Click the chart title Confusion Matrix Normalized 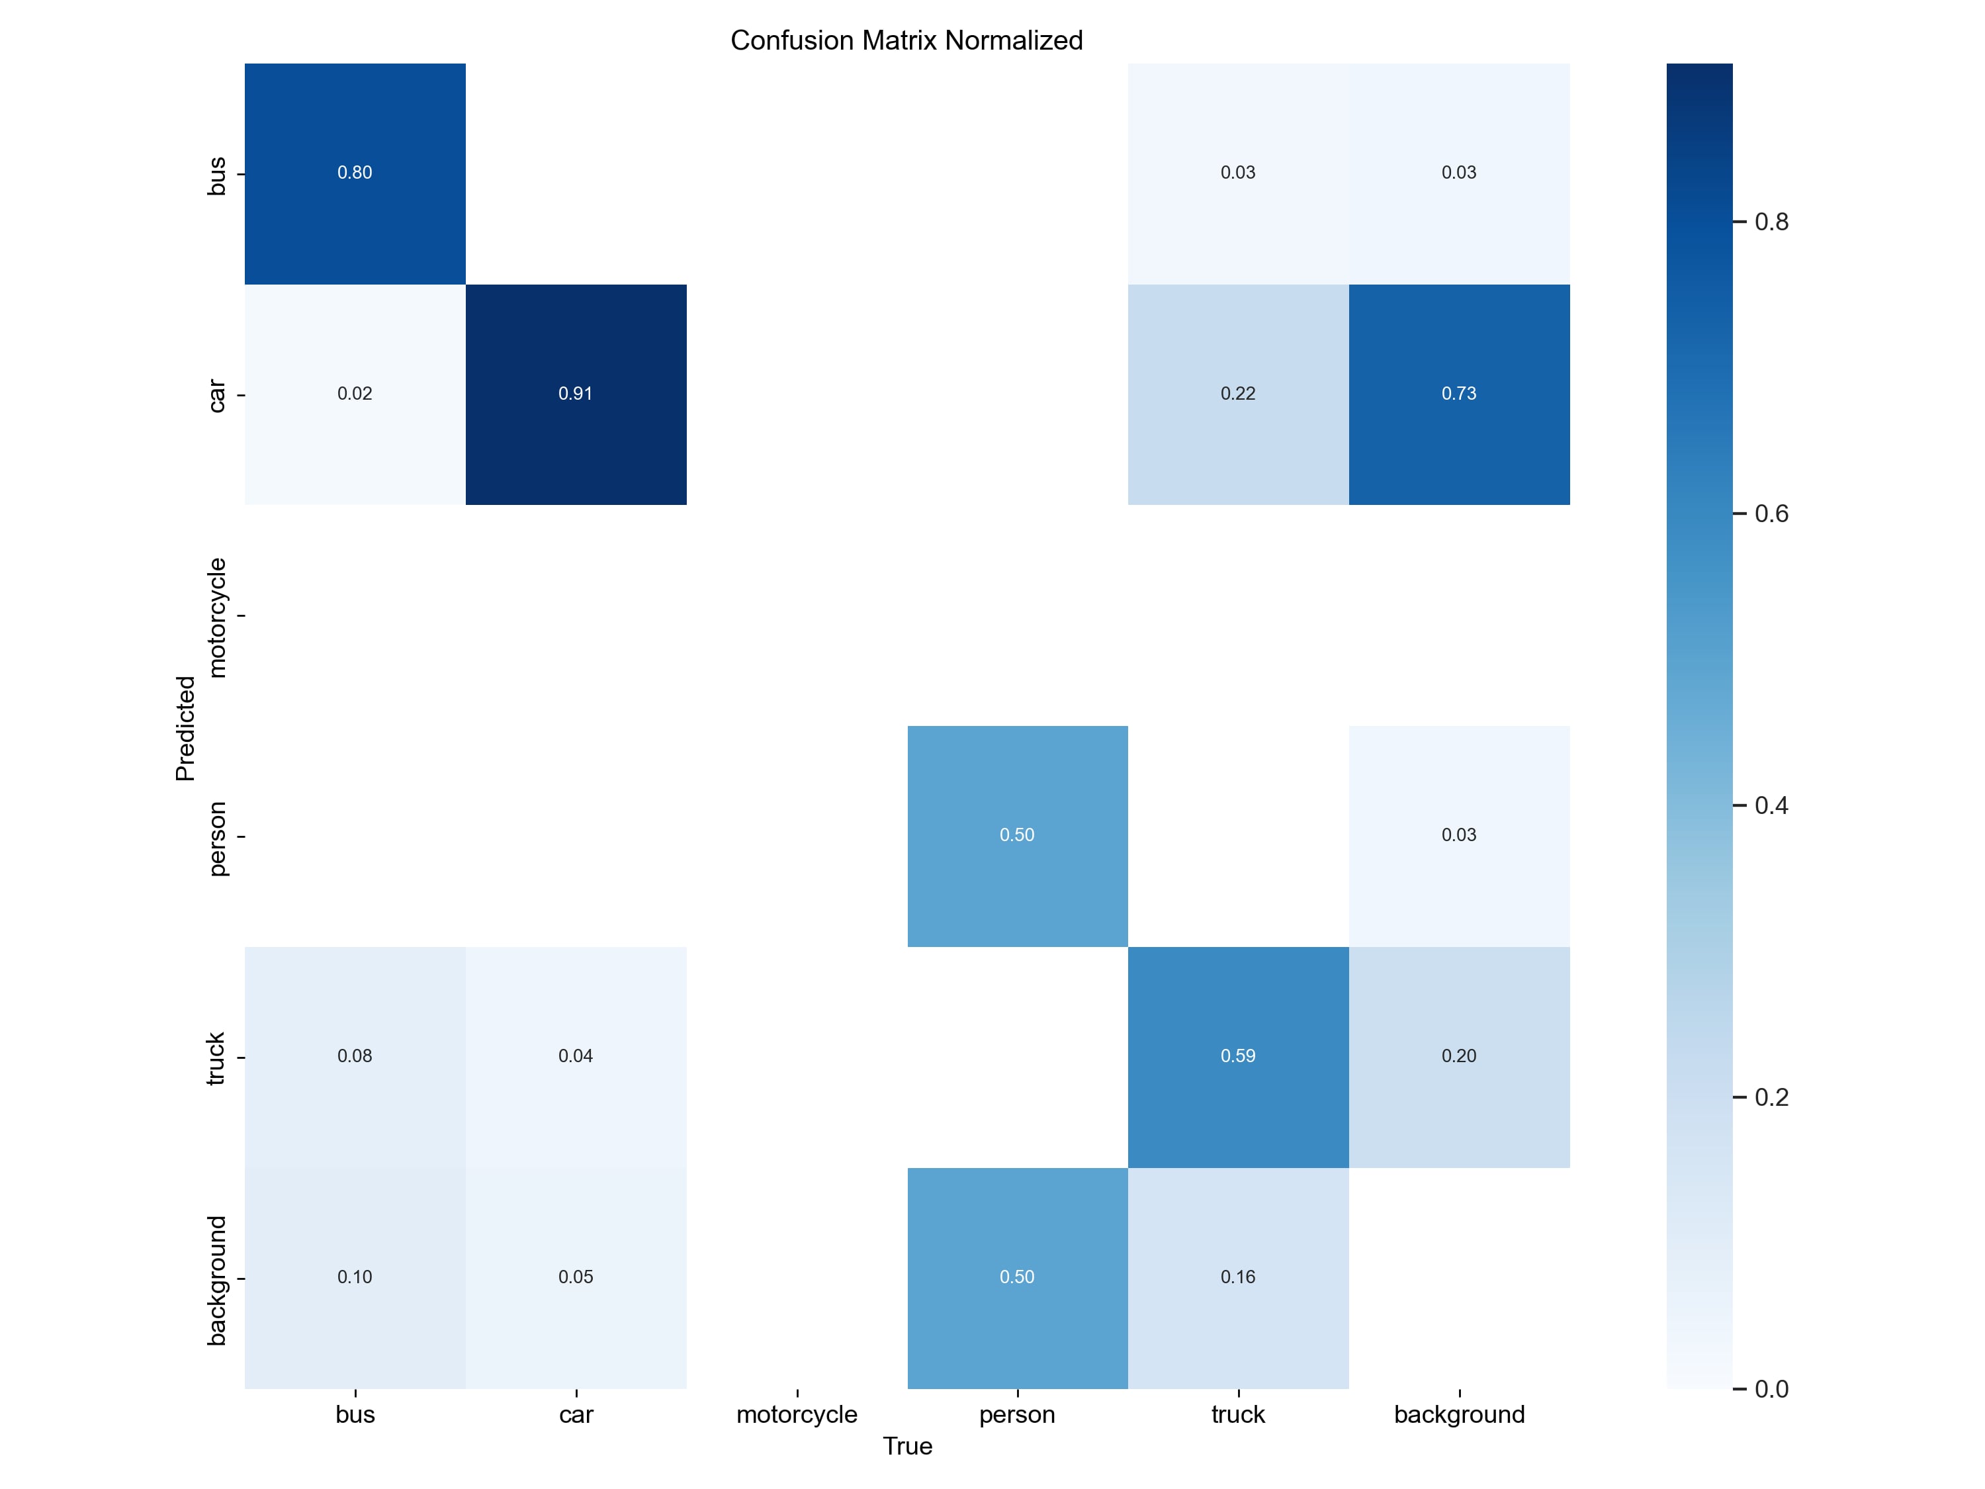(906, 40)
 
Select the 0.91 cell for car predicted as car (575, 394)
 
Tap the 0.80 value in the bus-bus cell (355, 172)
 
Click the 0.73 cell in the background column (1458, 394)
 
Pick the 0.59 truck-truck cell (1237, 1056)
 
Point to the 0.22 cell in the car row (1237, 394)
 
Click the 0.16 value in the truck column (1237, 1277)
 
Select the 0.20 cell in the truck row (1458, 1056)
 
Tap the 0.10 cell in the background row (355, 1277)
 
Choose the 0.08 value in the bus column (355, 1056)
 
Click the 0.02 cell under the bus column (355, 394)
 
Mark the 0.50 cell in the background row (1017, 1277)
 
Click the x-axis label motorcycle (797, 1414)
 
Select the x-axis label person (1017, 1414)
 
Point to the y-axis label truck (215, 1058)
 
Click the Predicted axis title (185, 728)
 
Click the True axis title (907, 1446)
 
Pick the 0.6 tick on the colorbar (1771, 514)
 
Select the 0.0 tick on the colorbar (1771, 1388)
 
